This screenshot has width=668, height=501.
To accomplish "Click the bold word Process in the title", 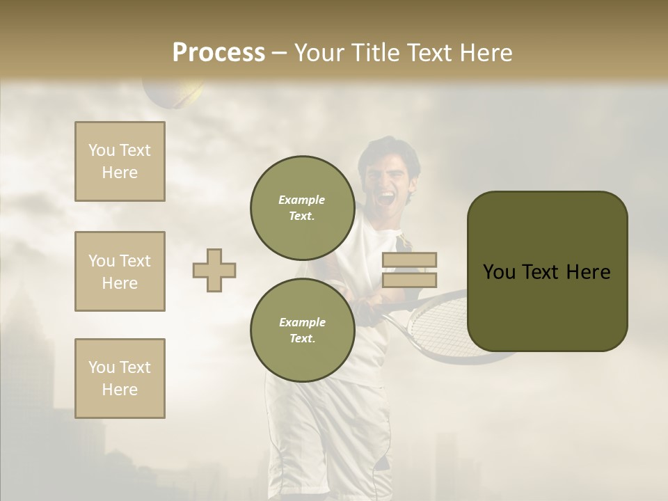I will click(218, 53).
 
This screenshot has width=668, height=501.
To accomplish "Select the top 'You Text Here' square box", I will click(120, 161).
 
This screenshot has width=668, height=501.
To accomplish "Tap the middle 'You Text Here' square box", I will click(120, 271).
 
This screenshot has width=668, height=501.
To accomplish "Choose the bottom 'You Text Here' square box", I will click(120, 379).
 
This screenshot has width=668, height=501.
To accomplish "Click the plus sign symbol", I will click(214, 270).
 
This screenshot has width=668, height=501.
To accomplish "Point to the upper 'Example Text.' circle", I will click(302, 207).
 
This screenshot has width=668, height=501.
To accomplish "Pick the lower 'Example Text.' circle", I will click(302, 330).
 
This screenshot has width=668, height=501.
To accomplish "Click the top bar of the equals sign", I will click(409, 260).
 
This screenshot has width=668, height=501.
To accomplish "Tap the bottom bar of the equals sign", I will click(409, 280).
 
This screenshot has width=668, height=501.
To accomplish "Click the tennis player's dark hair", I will click(390, 149).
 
